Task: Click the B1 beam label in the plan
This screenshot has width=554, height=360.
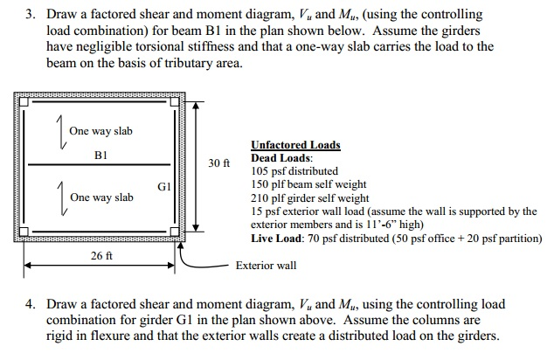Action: (x=100, y=154)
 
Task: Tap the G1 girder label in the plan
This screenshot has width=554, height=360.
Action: (x=164, y=187)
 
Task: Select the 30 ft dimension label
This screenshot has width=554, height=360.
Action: (x=218, y=163)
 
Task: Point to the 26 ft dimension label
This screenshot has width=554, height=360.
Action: (x=101, y=256)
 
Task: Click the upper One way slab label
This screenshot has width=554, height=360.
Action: (x=100, y=131)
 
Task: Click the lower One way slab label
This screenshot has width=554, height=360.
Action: (x=101, y=197)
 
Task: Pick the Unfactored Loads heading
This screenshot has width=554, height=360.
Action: (x=295, y=145)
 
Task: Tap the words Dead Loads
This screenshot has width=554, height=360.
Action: (x=281, y=158)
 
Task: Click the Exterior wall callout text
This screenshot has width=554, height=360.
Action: (x=266, y=265)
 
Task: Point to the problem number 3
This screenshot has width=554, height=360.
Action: (x=29, y=16)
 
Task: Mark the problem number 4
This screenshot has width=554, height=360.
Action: (x=29, y=304)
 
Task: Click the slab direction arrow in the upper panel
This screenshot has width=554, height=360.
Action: (x=59, y=131)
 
